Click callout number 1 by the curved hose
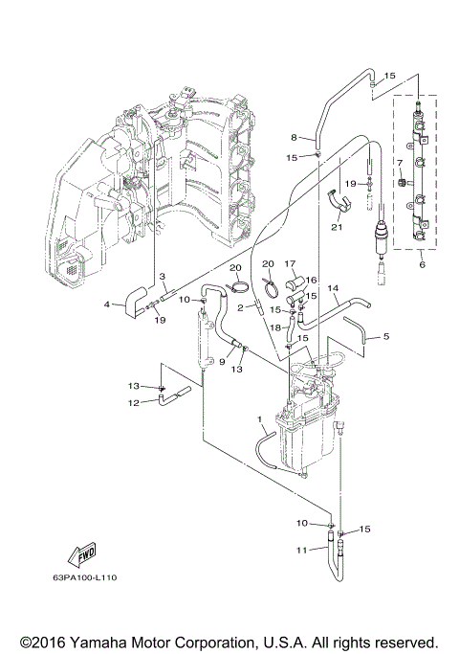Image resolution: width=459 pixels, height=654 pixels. click(x=260, y=419)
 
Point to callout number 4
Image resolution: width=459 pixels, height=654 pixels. click(x=107, y=305)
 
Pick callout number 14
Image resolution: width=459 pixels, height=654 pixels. click(x=333, y=287)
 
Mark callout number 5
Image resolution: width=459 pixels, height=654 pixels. click(x=386, y=336)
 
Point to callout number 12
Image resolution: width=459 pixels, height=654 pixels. click(x=134, y=402)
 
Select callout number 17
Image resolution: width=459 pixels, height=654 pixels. click(x=291, y=263)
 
